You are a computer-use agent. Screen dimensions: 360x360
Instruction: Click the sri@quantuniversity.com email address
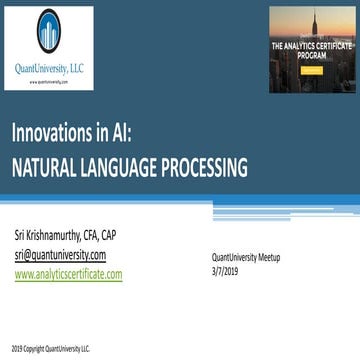(x=60, y=255)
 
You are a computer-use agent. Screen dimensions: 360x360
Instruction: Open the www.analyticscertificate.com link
(x=68, y=273)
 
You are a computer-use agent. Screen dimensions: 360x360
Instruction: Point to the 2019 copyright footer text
(x=51, y=349)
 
